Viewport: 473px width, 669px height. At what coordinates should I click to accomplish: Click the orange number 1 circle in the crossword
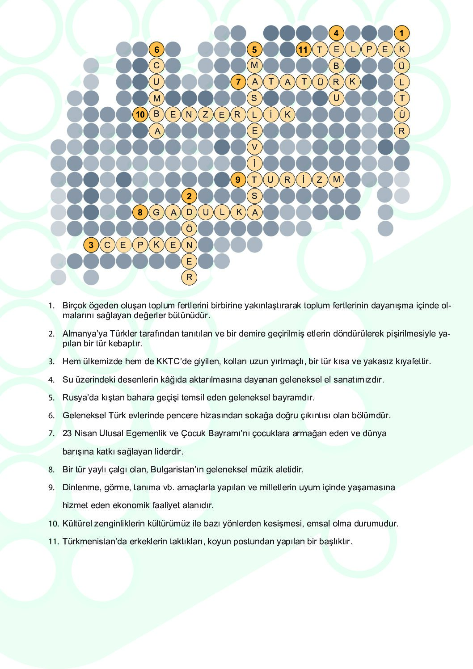coord(401,33)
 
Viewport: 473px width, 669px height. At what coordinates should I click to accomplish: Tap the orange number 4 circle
coord(336,33)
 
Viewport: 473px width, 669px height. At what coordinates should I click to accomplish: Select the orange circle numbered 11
coord(303,50)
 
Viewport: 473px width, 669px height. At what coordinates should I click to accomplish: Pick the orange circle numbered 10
coord(140,114)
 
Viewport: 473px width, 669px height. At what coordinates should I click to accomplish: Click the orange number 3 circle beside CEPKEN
coord(91,245)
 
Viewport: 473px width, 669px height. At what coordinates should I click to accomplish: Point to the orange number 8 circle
coord(140,212)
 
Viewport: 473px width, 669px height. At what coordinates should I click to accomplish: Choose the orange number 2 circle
coord(189,196)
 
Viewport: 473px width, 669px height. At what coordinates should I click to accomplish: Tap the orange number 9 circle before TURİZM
coord(238,180)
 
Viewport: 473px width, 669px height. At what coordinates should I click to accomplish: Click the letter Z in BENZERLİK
coord(205,114)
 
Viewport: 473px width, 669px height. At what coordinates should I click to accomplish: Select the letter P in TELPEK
coord(369,50)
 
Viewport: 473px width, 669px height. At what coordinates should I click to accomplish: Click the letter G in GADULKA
coord(156,212)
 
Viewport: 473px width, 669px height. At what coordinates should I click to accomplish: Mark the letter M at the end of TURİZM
coord(336,180)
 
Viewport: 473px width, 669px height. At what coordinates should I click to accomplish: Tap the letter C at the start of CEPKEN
coord(107,245)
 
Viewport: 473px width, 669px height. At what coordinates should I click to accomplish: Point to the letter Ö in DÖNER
coord(189,229)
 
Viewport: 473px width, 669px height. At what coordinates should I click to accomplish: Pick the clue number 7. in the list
coord(51,433)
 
